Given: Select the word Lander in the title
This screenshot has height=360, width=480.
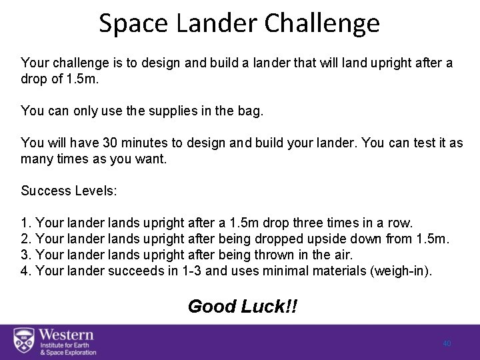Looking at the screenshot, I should (213, 23).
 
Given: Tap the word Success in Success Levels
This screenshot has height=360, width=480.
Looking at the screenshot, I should (45, 191).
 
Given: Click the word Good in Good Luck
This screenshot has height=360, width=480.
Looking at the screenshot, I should (211, 306).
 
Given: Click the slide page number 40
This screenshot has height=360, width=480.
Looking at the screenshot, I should (447, 343).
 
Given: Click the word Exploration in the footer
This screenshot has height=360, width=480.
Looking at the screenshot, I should (77, 352).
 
